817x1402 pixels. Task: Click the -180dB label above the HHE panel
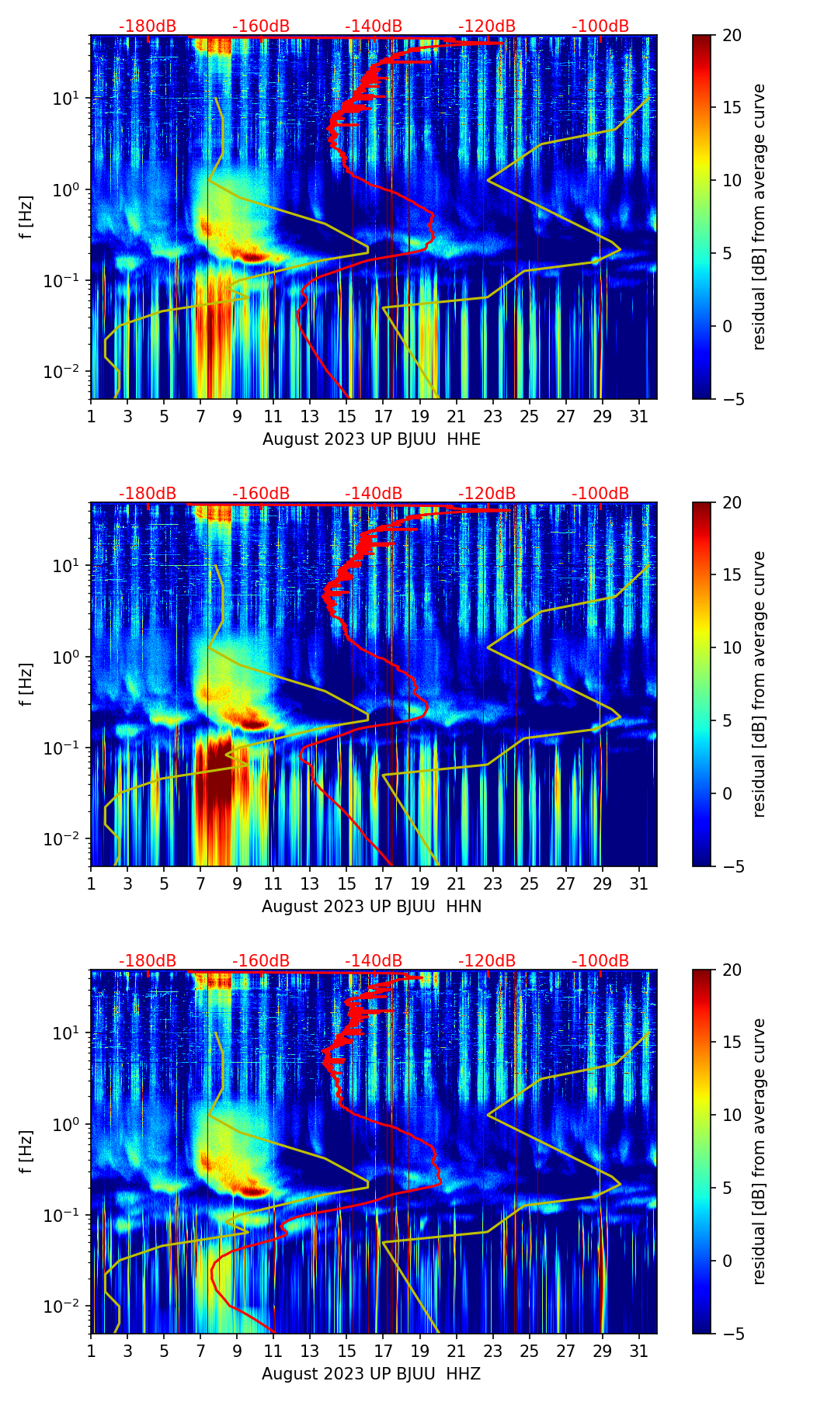tap(148, 26)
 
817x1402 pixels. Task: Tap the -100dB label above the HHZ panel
tap(600, 961)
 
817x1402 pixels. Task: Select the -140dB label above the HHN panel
tap(374, 494)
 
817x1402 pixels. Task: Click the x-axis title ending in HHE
tap(371, 439)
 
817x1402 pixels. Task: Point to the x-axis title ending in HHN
tap(371, 907)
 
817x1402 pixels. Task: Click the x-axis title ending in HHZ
tap(371, 1374)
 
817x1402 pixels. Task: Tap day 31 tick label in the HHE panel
tap(638, 416)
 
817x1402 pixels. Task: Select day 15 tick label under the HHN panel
tap(346, 883)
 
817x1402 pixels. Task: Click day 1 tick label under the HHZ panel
tap(91, 1351)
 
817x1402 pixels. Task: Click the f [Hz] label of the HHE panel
tap(26, 217)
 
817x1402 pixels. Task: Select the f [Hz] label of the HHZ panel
tap(26, 1151)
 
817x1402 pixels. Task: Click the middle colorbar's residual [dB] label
tap(759, 684)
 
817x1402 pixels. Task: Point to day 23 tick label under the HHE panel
tap(492, 416)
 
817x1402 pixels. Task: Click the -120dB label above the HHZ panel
tap(487, 961)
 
